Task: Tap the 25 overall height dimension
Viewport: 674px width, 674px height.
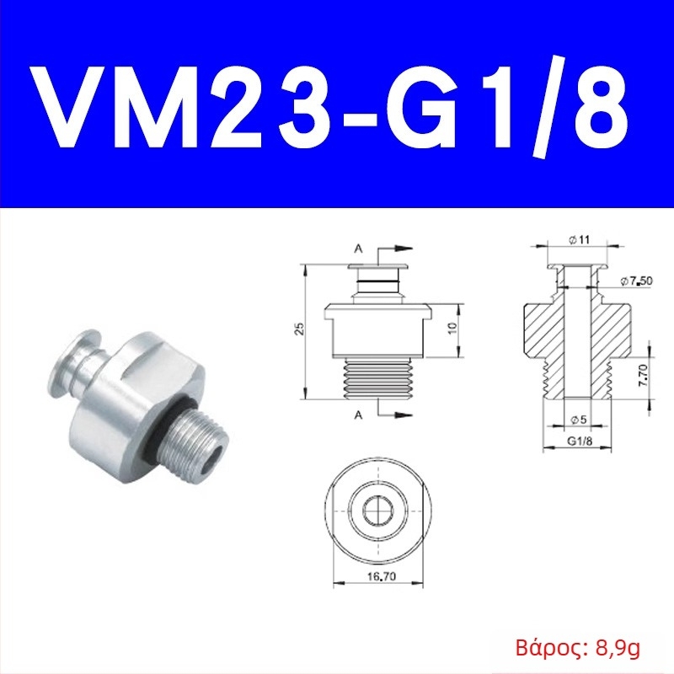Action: coord(300,329)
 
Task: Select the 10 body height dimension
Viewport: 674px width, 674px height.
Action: coord(452,329)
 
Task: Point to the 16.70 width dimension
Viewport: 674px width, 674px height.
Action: coord(382,576)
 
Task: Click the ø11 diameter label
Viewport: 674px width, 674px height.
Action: coord(580,239)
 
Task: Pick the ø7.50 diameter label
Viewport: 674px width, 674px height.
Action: coord(637,281)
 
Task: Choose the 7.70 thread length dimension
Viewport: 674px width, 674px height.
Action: coord(643,375)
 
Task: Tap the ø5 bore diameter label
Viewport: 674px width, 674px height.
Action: coord(578,420)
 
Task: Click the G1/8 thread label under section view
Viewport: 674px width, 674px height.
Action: coord(580,441)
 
